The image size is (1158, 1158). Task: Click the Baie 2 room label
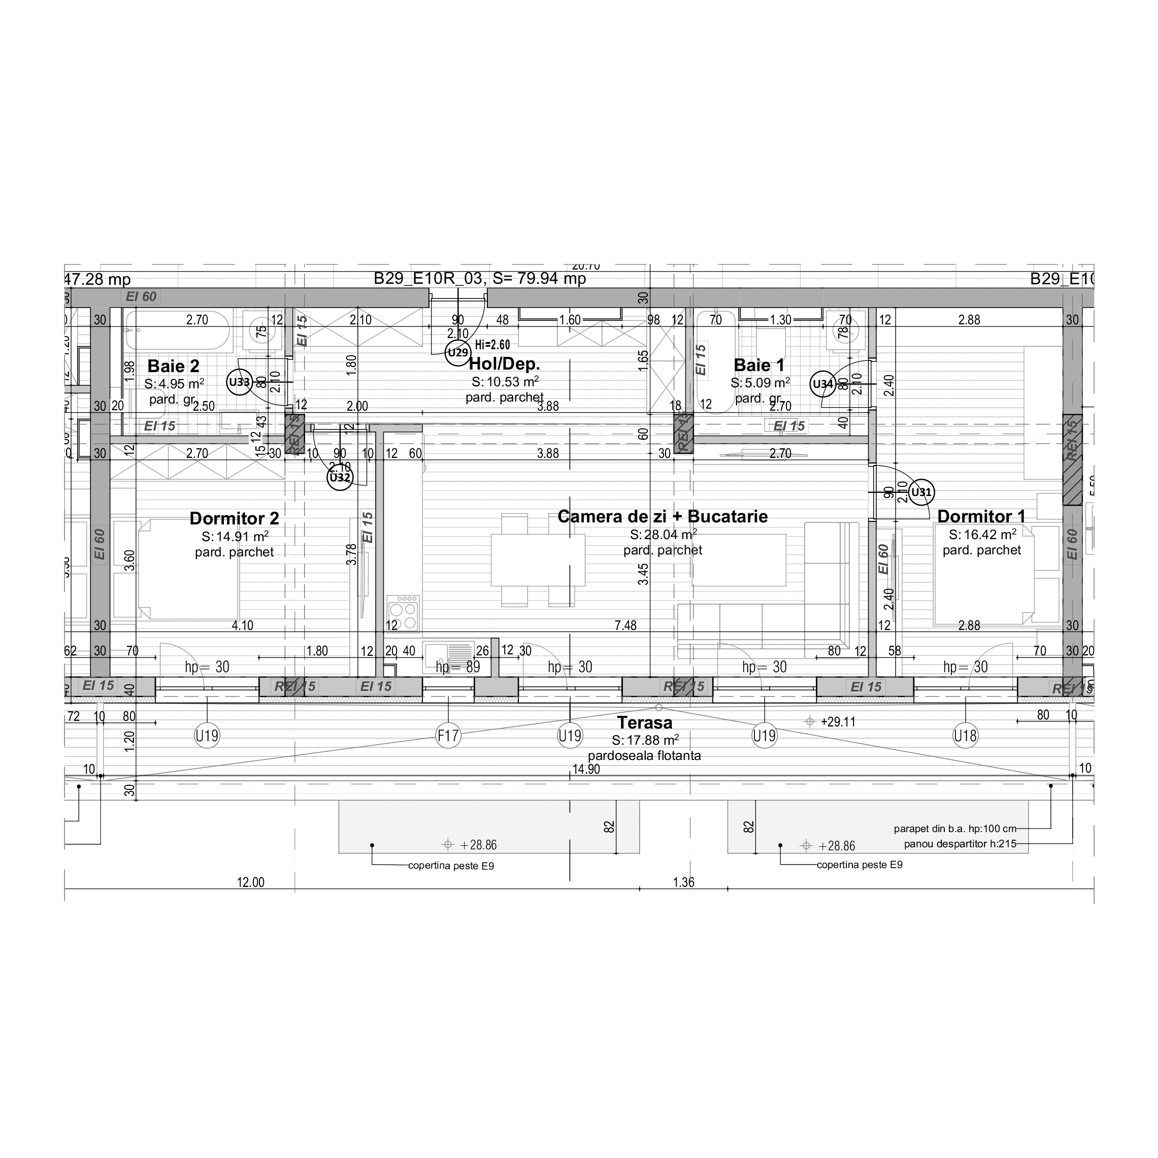(x=173, y=366)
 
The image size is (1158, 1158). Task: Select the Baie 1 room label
(x=759, y=365)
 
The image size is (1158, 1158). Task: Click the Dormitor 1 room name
(x=981, y=517)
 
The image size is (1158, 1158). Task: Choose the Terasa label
(x=645, y=723)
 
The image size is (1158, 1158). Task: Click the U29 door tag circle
(x=458, y=353)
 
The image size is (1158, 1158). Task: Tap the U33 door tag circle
(x=239, y=382)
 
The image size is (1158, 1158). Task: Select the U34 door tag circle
(x=823, y=384)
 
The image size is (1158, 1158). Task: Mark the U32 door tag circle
(x=340, y=478)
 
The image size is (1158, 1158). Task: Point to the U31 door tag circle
(x=921, y=492)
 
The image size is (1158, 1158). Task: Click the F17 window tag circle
(x=448, y=736)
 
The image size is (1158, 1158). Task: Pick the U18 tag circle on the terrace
(x=965, y=736)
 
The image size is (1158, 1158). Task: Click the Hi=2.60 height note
(x=492, y=345)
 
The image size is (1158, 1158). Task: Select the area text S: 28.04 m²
(x=663, y=535)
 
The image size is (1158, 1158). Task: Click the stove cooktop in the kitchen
(x=403, y=613)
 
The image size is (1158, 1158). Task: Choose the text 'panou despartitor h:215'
(x=960, y=844)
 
